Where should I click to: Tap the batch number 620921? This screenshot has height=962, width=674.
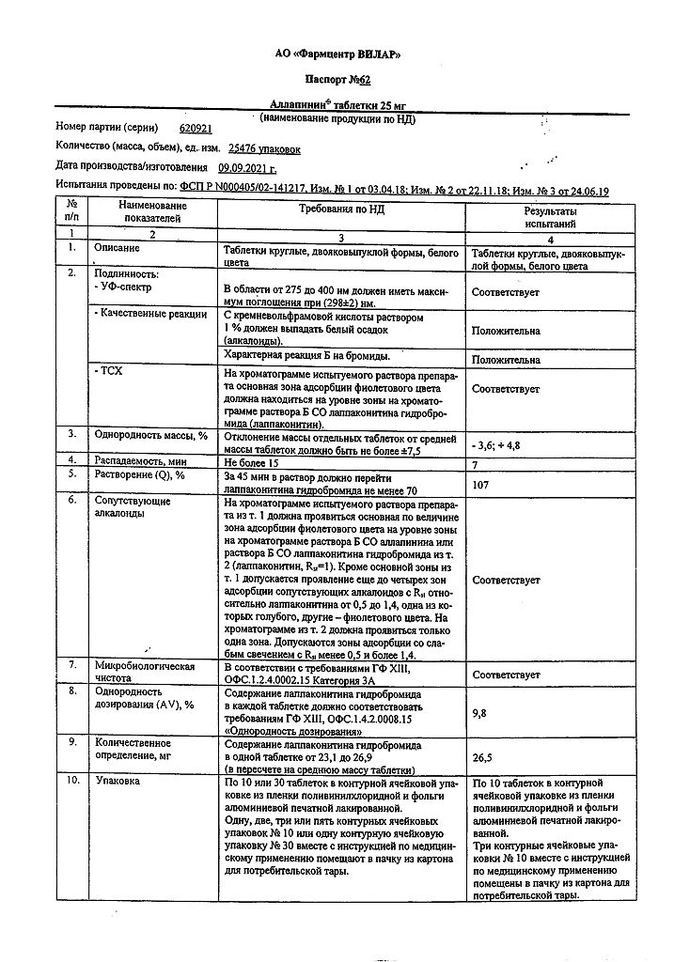pos(195,127)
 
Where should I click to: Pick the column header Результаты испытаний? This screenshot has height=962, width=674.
pos(550,218)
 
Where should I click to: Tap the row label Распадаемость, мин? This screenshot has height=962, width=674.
pos(138,461)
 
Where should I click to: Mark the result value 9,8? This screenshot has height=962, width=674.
pos(480,713)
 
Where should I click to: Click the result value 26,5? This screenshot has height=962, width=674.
pos(482,755)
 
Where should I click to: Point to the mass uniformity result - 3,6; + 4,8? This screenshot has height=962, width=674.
pos(501,441)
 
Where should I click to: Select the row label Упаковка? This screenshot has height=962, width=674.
pos(118,782)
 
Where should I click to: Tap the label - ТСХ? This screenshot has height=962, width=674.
pos(109,373)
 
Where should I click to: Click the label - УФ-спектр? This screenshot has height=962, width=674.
pos(123,287)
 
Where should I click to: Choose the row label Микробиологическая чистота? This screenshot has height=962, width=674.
pos(145,673)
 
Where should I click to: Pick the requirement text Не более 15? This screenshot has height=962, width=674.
pos(252,461)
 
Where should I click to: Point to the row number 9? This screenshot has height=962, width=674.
pos(71,742)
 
